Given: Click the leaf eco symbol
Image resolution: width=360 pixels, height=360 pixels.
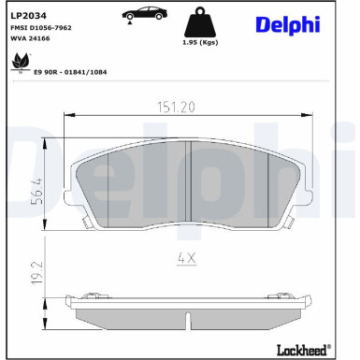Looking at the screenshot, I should pos(17,62).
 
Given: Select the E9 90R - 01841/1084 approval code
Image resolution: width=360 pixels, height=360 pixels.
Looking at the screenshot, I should pos(70,70).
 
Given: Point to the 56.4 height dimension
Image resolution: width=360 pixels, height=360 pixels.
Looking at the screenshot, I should pos(37,187).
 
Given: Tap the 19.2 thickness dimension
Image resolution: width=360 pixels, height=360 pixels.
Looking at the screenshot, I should pos(37,278).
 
